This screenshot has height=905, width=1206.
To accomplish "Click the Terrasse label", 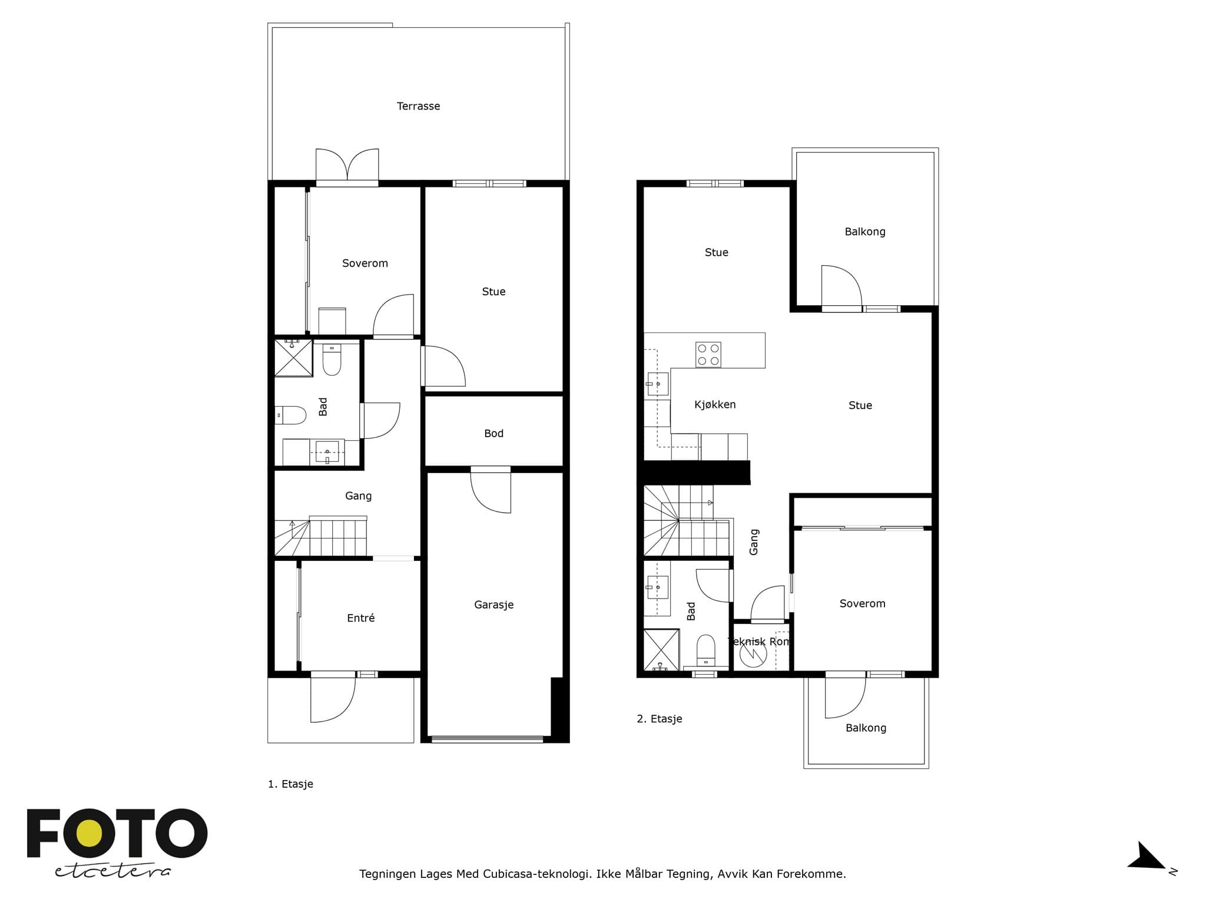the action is click(x=418, y=106).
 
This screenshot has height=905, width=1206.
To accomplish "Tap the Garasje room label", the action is click(x=493, y=605).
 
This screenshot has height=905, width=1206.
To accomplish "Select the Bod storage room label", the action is click(x=493, y=434).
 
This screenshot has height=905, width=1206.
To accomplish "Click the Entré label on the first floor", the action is click(x=360, y=617).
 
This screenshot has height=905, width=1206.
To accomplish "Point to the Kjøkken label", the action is click(x=715, y=404).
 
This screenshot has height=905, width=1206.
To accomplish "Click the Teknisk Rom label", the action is click(x=759, y=642).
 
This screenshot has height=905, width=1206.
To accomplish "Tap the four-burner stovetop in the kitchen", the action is click(x=708, y=355).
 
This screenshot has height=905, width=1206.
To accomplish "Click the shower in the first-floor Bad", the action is click(x=293, y=358).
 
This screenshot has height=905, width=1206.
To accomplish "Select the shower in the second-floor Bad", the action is click(x=661, y=650).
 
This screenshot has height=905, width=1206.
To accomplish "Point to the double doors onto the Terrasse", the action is click(x=347, y=166).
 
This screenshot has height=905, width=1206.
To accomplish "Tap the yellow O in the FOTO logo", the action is click(x=89, y=833).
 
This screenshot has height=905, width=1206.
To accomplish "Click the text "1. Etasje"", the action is click(x=290, y=784).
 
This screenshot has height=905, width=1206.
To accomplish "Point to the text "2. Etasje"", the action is click(x=660, y=719).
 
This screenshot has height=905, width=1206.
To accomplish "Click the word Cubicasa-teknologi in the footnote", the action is click(x=538, y=874).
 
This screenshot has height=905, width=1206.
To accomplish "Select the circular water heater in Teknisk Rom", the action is click(x=753, y=654).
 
